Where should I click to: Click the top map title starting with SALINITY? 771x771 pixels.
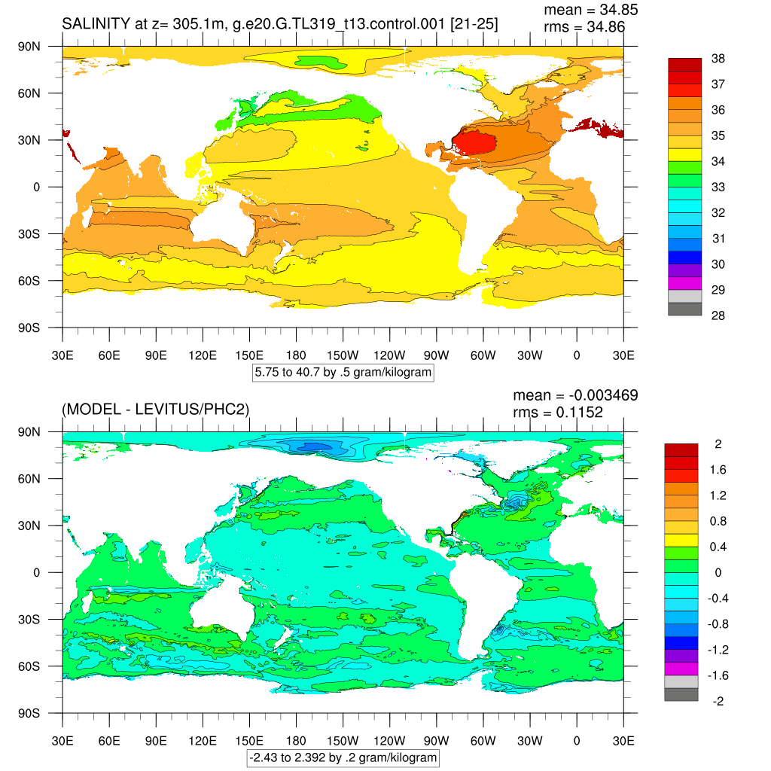pos(279,25)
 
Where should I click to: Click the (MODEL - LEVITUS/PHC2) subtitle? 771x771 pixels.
pos(155,410)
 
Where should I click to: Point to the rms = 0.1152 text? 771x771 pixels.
pos(558,411)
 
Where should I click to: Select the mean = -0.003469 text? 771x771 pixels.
pos(575,395)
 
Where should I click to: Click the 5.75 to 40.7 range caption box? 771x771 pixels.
pos(343,372)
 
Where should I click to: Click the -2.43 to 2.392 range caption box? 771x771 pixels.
pos(343,757)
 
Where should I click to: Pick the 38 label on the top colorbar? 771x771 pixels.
pos(718,59)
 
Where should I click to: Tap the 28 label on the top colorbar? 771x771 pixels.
pos(718,315)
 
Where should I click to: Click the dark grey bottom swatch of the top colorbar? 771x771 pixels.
pos(684,309)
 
